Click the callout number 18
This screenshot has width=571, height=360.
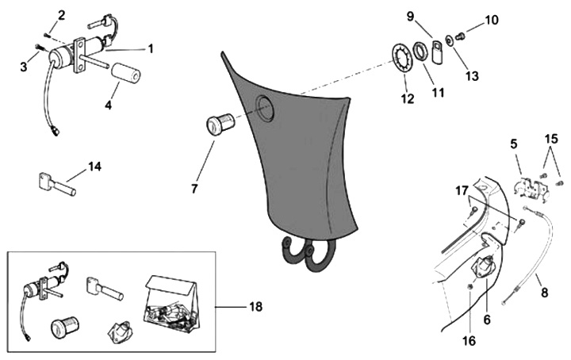pos(255,305)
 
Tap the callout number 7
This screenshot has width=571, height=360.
pos(194,190)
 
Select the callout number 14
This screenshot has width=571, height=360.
pos(94,167)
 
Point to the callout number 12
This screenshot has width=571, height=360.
pos(407,101)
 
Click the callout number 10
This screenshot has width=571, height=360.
pos(491,18)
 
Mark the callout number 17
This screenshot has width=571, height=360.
pos(461,190)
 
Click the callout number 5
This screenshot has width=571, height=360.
pos(513,144)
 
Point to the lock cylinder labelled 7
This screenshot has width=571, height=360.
pos(218,125)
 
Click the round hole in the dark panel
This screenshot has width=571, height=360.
pos(264,109)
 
